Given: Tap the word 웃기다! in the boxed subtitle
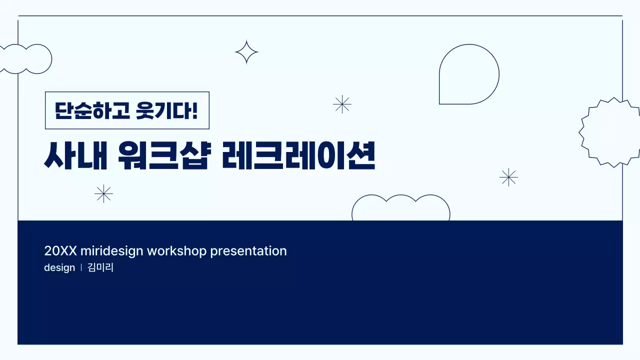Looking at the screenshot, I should (x=167, y=110).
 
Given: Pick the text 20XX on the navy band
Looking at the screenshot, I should (x=60, y=251).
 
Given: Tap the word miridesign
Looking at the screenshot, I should (x=111, y=251).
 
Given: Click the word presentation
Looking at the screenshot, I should (x=248, y=251).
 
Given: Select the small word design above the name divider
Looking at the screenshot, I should (x=59, y=267).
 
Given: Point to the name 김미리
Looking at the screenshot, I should (x=100, y=267).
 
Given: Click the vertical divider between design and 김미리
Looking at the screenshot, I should (x=81, y=267).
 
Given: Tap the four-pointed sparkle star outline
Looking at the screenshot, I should (x=246, y=52).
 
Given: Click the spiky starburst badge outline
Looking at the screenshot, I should (x=609, y=132).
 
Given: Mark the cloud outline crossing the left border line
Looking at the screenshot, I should (x=25, y=59).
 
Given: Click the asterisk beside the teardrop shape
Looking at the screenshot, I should (x=342, y=104).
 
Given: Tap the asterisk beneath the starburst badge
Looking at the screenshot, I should (x=508, y=177).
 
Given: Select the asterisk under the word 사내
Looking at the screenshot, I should (x=103, y=193).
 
